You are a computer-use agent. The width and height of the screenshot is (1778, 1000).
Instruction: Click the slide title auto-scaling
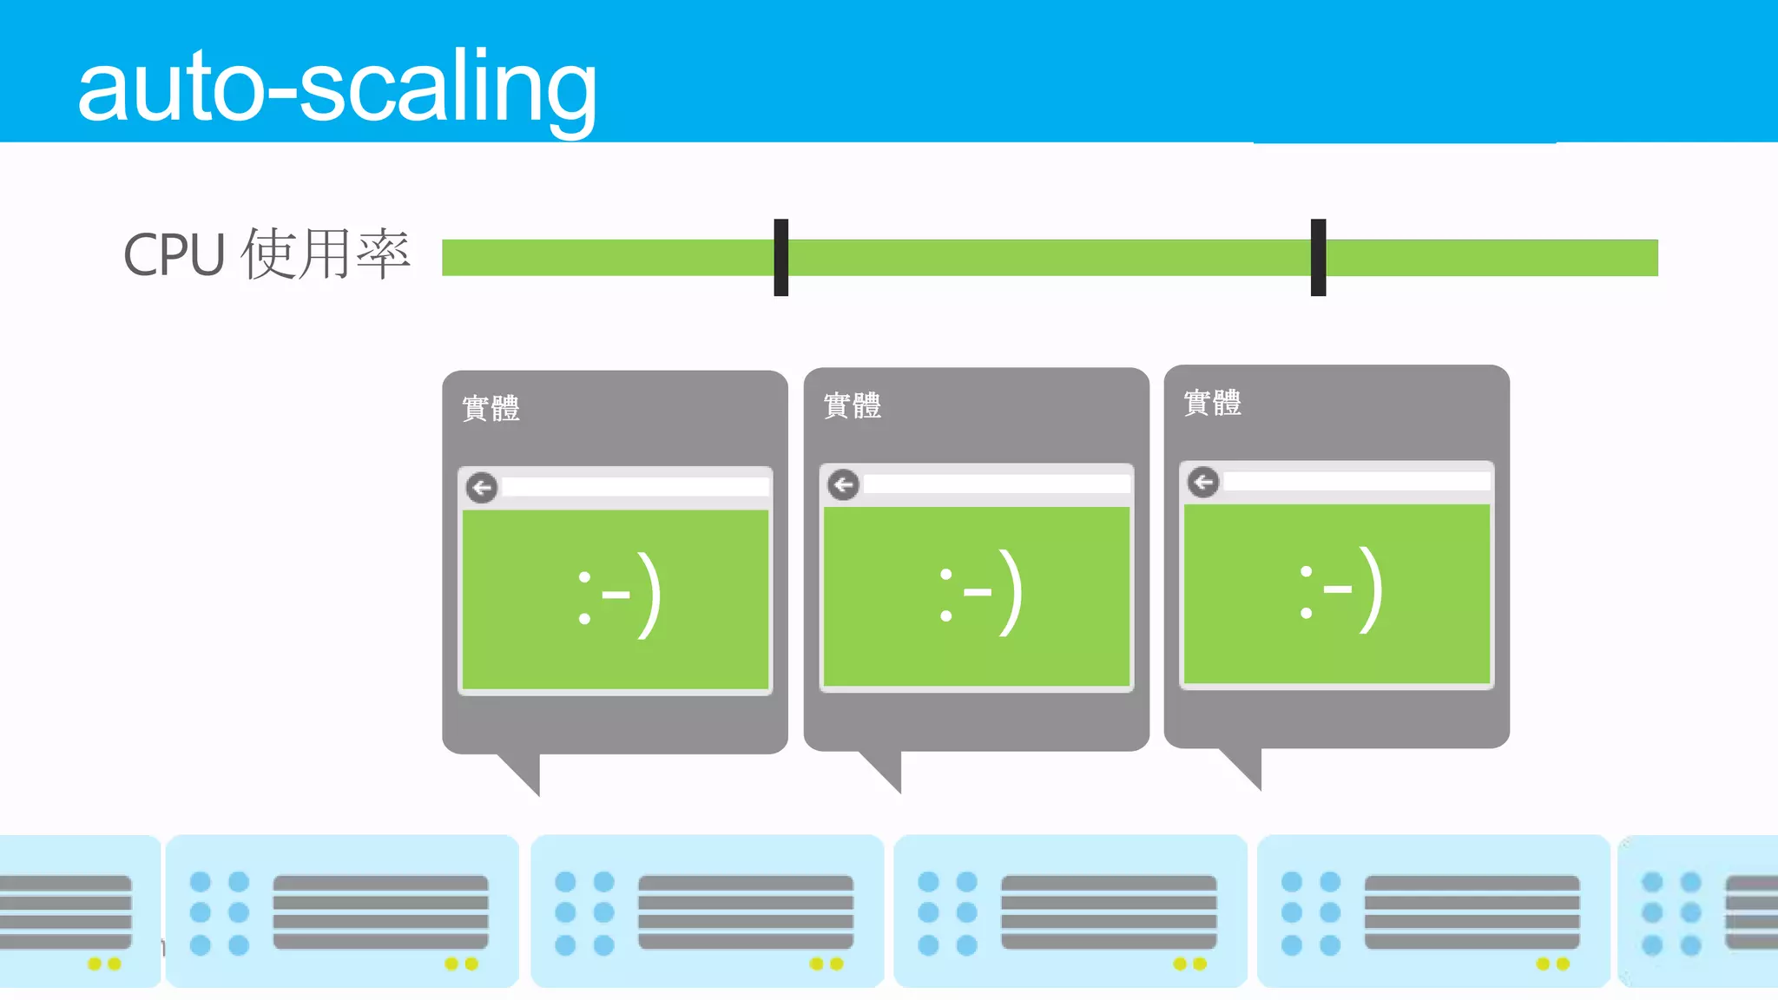[x=337, y=87]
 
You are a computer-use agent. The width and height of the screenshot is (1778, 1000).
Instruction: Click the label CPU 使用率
[x=266, y=254]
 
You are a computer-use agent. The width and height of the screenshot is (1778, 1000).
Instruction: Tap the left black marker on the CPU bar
[x=781, y=257]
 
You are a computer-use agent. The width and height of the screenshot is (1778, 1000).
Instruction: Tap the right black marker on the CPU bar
[x=1318, y=257]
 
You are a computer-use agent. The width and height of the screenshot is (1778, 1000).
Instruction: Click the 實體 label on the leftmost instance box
[x=491, y=408]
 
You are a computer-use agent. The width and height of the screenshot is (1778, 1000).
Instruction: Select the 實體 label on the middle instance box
[x=853, y=405]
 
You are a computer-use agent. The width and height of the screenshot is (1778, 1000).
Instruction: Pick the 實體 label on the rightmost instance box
[x=1213, y=403]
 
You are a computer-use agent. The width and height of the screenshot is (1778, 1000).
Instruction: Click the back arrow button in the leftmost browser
[x=482, y=488]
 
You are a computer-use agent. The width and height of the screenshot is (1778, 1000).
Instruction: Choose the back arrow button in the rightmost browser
[x=1203, y=482]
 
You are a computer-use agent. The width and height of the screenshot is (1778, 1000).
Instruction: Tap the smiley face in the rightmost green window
[x=1340, y=590]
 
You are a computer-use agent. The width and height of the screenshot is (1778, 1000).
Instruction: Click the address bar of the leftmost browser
[x=635, y=487]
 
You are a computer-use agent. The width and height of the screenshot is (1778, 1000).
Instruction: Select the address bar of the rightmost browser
[x=1357, y=482]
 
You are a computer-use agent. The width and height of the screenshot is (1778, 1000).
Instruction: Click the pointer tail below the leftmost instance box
[x=524, y=771]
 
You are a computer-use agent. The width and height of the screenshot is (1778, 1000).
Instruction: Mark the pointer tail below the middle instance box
[x=886, y=768]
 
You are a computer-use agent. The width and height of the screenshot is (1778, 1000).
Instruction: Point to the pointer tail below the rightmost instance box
[x=1246, y=765]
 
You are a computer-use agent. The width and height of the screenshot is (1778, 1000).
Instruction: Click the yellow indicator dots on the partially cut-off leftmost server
[x=104, y=964]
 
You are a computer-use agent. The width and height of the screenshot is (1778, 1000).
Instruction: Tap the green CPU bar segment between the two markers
[x=1049, y=258]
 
